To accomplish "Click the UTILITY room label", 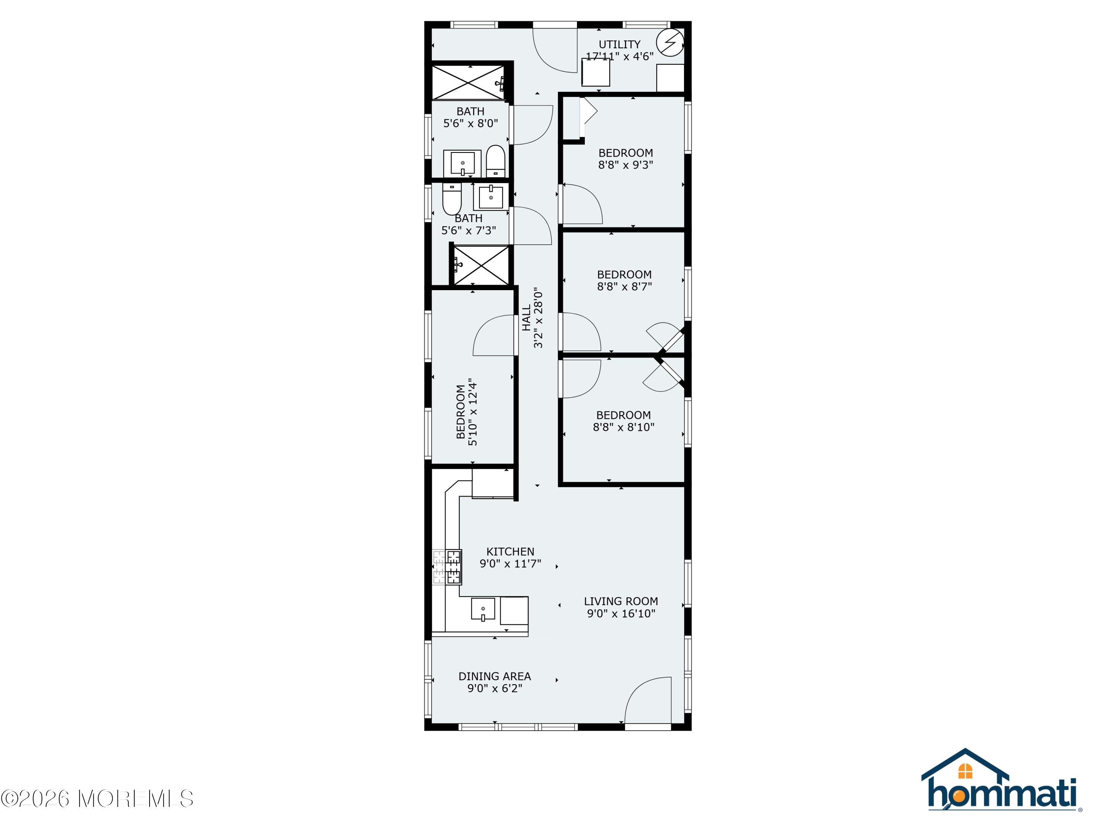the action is click(x=619, y=44).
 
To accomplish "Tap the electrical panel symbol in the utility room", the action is click(x=670, y=42).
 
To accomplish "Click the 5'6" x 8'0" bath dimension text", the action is click(x=470, y=123).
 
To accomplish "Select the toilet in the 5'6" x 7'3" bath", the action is click(x=452, y=198).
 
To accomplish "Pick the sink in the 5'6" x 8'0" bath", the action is click(x=462, y=163).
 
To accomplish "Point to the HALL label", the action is click(x=526, y=317).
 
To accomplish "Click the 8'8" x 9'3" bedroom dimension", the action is click(x=626, y=164).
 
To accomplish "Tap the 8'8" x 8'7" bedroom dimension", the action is click(x=625, y=286).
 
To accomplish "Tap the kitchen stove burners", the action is click(x=447, y=567).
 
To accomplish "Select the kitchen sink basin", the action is click(x=483, y=609).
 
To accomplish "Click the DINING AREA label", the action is click(x=494, y=676).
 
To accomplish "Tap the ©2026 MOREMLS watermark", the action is click(x=97, y=799).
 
